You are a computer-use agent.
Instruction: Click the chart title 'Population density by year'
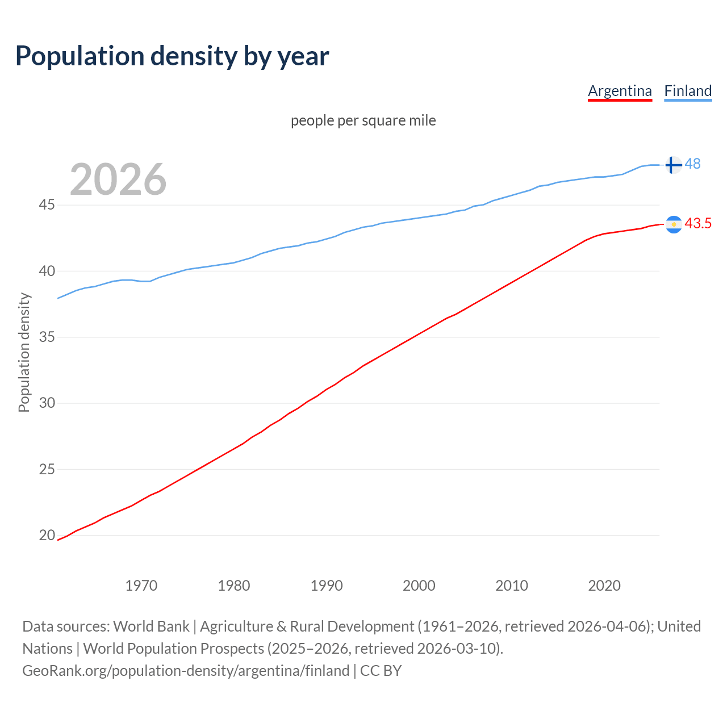click(172, 56)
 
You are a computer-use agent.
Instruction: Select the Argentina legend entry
click(620, 91)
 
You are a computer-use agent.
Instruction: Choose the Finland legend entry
click(688, 91)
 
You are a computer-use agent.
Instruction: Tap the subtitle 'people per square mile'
click(363, 120)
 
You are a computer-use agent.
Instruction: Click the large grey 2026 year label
click(118, 179)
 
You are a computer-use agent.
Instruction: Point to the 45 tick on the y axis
click(47, 205)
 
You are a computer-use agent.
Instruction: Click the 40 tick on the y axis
click(47, 271)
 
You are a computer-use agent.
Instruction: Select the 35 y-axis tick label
click(47, 337)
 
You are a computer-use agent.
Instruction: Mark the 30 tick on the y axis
click(47, 403)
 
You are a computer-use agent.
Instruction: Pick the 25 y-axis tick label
click(47, 469)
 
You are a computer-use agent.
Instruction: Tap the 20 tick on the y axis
click(47, 535)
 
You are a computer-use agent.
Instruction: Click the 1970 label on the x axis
click(141, 586)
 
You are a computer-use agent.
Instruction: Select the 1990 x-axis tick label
click(327, 586)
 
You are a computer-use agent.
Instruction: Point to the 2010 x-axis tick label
click(512, 586)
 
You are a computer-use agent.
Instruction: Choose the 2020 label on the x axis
click(604, 586)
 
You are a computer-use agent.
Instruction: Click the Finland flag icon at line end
click(673, 165)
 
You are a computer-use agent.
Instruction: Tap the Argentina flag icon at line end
click(673, 224)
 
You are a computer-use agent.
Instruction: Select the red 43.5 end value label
click(698, 224)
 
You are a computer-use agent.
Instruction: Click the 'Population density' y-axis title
click(24, 352)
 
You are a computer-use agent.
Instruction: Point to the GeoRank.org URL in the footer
click(186, 671)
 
